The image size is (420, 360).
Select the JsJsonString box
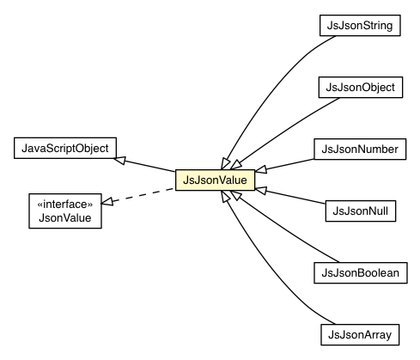point(356,27)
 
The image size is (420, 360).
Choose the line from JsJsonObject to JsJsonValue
point(275,129)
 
